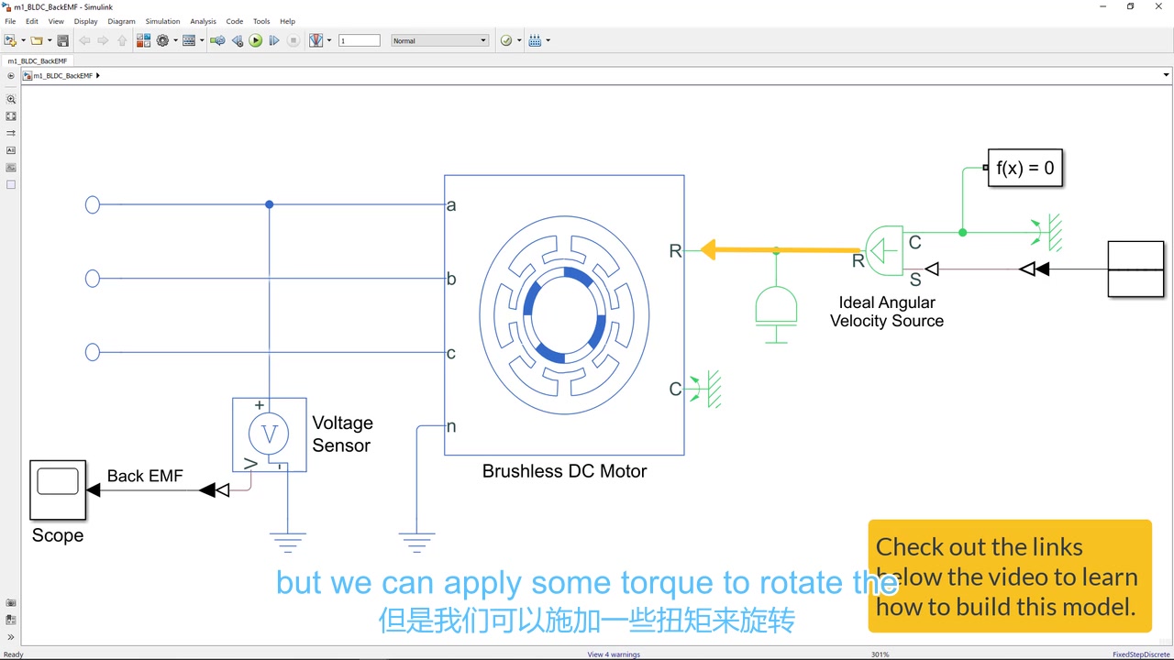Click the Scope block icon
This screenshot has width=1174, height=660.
pyautogui.click(x=58, y=489)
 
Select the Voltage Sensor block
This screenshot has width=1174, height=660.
pyautogui.click(x=269, y=434)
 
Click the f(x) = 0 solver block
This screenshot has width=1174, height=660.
pyautogui.click(x=1024, y=168)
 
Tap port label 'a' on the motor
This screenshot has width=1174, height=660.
pyautogui.click(x=451, y=205)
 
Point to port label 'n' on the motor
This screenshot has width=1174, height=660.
pyautogui.click(x=451, y=426)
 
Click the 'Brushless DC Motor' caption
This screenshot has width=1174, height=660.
pyautogui.click(x=564, y=471)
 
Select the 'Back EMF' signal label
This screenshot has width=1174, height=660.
pyautogui.click(x=145, y=476)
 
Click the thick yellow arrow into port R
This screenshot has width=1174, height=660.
pyautogui.click(x=780, y=249)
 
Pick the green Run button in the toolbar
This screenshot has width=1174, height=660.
pyautogui.click(x=256, y=40)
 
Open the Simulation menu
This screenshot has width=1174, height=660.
pyautogui.click(x=162, y=21)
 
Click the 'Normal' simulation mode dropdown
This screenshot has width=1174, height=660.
pyautogui.click(x=440, y=40)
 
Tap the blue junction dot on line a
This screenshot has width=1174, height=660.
pyautogui.click(x=269, y=204)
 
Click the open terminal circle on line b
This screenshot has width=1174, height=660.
pyautogui.click(x=93, y=279)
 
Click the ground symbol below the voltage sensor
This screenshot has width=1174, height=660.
pyautogui.click(x=288, y=542)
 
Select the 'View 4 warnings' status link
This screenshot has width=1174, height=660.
pyautogui.click(x=614, y=654)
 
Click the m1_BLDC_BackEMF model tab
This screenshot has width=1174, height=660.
pyautogui.click(x=38, y=60)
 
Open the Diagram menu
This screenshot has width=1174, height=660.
pyautogui.click(x=121, y=21)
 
